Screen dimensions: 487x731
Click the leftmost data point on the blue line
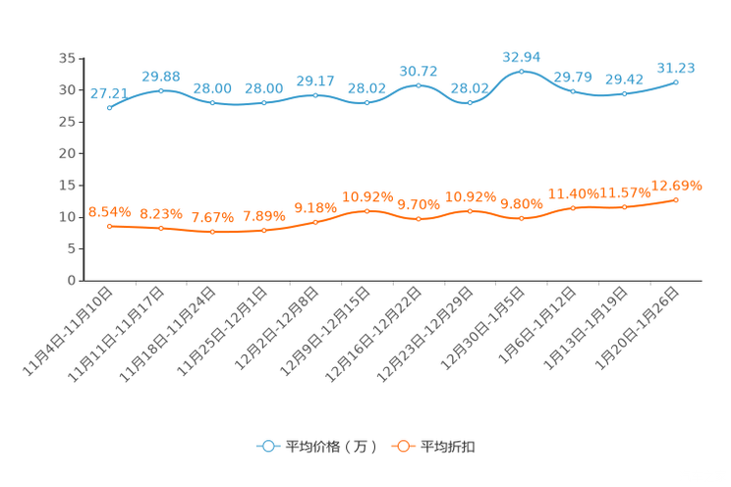109,107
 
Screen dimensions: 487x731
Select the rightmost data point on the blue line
676,81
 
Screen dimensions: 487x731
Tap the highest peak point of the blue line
522,71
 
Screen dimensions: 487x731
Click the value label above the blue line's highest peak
522,56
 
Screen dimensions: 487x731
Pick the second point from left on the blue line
161,90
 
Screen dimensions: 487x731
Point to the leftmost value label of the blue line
107,93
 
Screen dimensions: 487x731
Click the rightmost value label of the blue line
675,68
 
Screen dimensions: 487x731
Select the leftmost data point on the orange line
109,226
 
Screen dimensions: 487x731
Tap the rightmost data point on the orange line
676,199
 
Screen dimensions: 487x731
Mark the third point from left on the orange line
212,232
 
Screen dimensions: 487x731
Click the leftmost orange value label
109,211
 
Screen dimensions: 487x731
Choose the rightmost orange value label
677,185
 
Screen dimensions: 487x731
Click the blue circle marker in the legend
267,446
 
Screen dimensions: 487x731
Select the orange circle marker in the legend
402,446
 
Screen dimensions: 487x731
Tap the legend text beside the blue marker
330,447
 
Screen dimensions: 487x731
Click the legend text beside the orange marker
449,447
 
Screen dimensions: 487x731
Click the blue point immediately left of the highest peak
470,102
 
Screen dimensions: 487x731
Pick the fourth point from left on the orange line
263,230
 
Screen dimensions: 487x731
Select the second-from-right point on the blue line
624,94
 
